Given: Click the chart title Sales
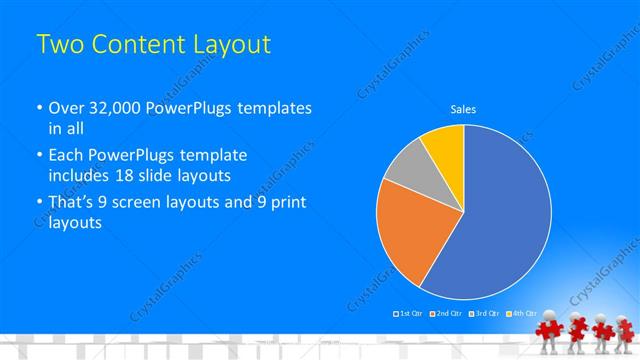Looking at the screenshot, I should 463,108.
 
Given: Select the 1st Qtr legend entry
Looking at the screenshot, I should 408,314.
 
